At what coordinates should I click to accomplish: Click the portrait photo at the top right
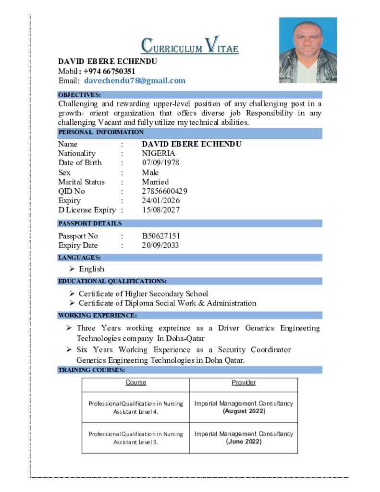coord(308,50)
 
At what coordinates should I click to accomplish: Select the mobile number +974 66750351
coord(110,72)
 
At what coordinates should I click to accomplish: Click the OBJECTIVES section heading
coord(80,95)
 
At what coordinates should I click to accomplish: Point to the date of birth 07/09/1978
coord(160,163)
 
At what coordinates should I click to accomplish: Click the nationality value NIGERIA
coord(159,153)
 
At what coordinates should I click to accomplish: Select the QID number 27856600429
coord(164,191)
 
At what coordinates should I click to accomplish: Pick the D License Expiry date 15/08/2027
coord(160,210)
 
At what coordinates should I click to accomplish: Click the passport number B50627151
coord(161,236)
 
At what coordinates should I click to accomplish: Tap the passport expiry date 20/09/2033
coord(160,246)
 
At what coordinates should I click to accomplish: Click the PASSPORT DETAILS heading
coord(90,223)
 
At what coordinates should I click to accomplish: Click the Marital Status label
coord(81,182)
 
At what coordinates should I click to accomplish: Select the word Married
coord(155,182)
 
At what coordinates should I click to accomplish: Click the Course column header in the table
coord(136,382)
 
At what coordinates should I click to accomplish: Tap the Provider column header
coord(244,382)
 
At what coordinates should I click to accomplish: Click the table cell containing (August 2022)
coord(244,407)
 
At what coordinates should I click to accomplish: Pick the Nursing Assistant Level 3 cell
coord(136,438)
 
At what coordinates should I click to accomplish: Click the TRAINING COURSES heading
coord(92,370)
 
